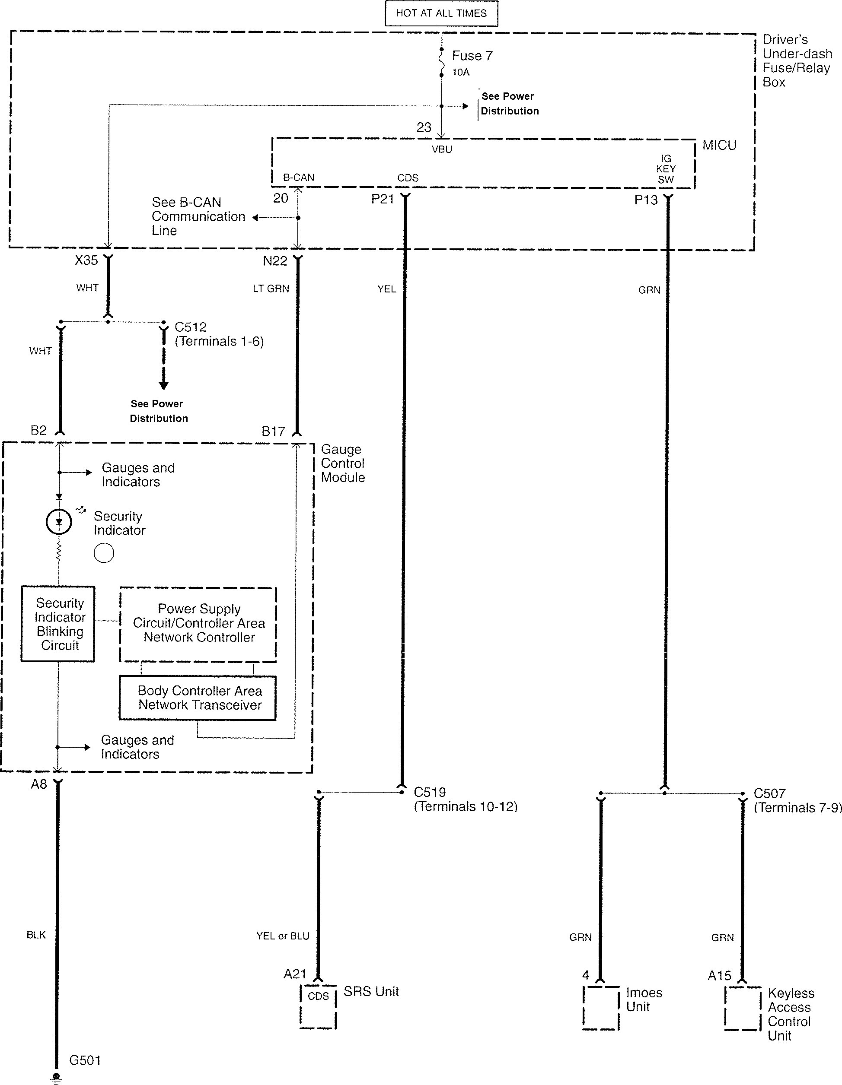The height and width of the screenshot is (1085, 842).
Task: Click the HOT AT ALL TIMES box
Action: tap(441, 13)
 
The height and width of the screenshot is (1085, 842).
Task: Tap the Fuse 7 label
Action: tap(472, 56)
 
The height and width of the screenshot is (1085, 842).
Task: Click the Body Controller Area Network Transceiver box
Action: tap(198, 698)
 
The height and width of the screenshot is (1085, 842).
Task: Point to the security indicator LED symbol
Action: tap(59, 522)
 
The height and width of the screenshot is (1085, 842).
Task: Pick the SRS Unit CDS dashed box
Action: tap(318, 1006)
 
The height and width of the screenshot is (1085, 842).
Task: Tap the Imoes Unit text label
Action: tap(644, 999)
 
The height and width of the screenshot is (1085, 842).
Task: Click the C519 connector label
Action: tap(430, 792)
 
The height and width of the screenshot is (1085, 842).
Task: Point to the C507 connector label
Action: tap(769, 793)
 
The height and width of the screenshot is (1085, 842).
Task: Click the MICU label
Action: tap(719, 146)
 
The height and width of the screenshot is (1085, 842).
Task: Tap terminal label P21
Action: tap(382, 199)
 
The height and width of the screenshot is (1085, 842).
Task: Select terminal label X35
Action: tap(86, 260)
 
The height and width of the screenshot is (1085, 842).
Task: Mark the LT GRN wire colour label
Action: tap(271, 289)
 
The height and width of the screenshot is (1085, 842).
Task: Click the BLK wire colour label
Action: tap(36, 935)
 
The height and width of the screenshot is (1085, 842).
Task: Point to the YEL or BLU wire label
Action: tap(282, 936)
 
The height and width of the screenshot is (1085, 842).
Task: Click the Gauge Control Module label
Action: tap(342, 463)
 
